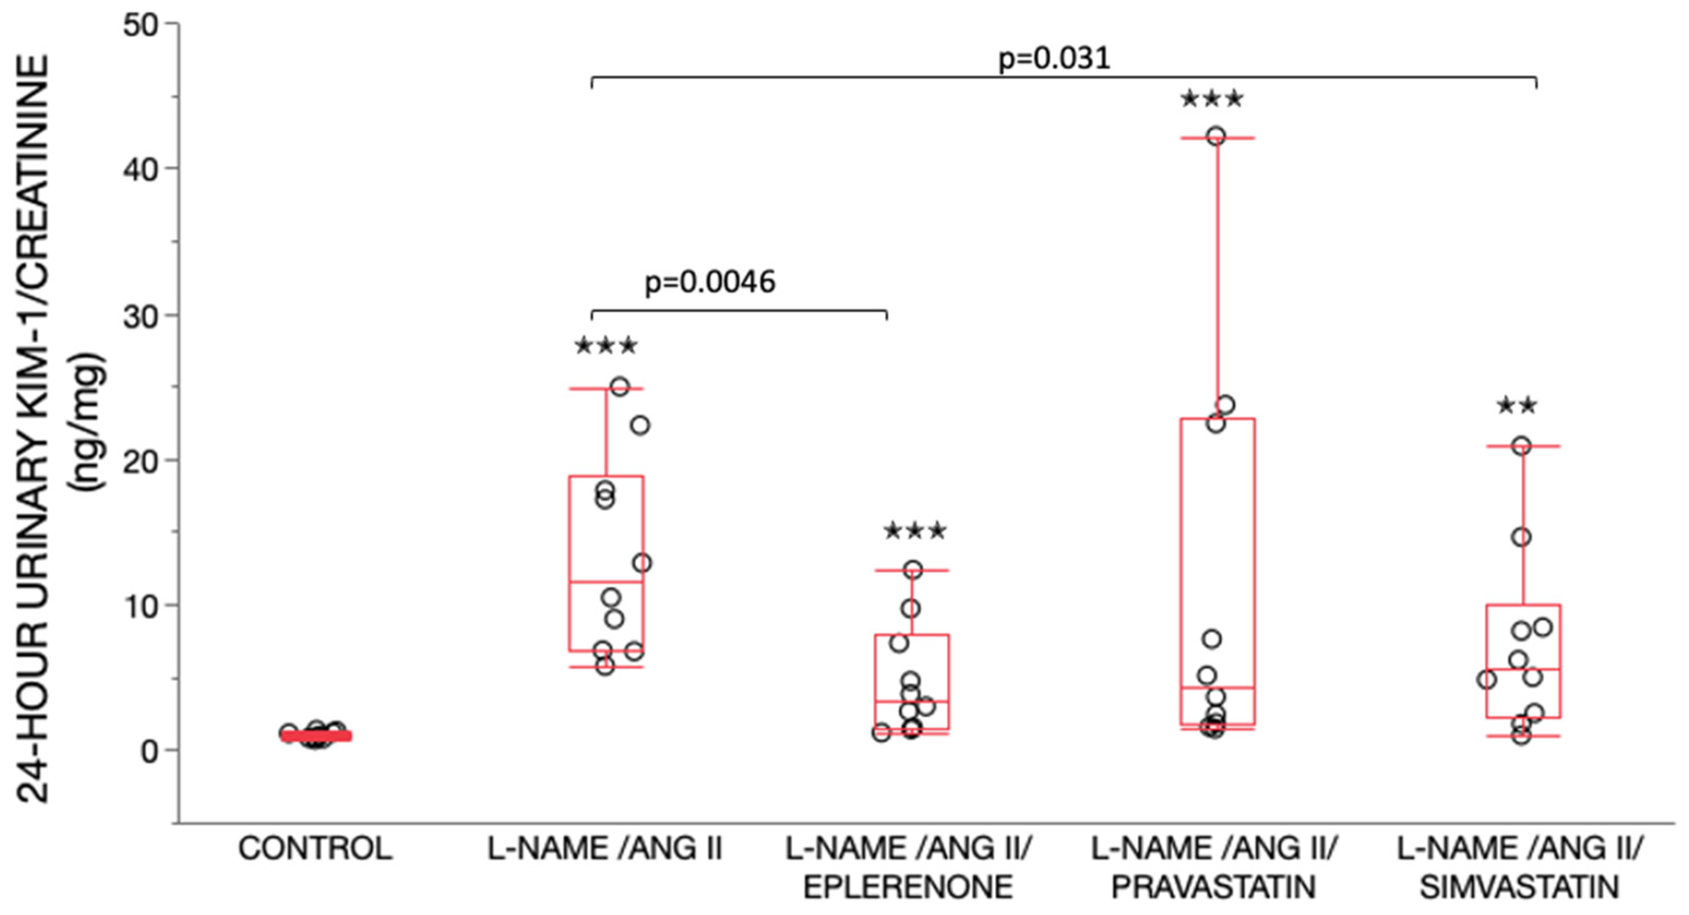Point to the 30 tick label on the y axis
pyautogui.click(x=141, y=317)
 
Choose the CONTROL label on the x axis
pyautogui.click(x=315, y=849)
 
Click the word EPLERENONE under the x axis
pyautogui.click(x=908, y=887)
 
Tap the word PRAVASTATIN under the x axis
pyautogui.click(x=1214, y=887)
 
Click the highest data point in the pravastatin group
pyautogui.click(x=1217, y=136)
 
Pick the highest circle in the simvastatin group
pyautogui.click(x=1521, y=447)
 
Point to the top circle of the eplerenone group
pyautogui.click(x=913, y=570)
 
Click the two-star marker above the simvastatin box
pyautogui.click(x=1516, y=406)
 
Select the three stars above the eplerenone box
pyautogui.click(x=915, y=531)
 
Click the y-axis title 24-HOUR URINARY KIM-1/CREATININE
pyautogui.click(x=34, y=429)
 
